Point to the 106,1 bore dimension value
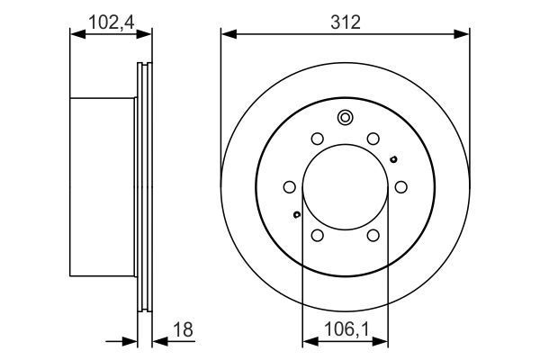344,328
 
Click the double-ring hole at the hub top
345,117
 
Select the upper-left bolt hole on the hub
317,139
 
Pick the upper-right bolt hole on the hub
372,139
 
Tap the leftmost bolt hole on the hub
290,186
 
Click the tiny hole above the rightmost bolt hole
393,159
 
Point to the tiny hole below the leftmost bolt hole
296,214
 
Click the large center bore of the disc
345,186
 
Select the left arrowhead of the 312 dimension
227,34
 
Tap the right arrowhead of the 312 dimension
463,34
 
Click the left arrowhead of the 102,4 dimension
76,34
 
